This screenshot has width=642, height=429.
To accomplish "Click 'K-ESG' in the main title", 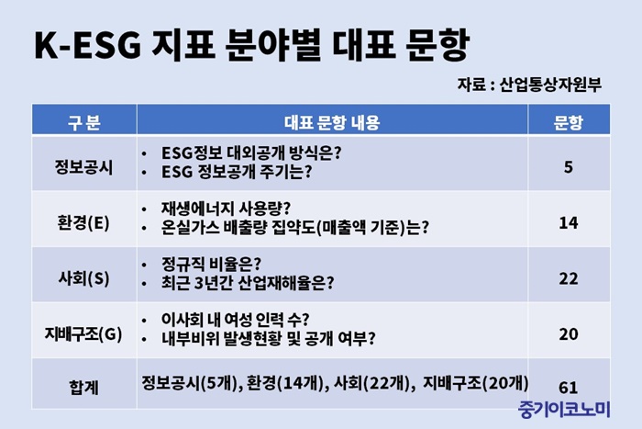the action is [x=88, y=45].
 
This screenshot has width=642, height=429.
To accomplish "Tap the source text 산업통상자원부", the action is [x=550, y=85].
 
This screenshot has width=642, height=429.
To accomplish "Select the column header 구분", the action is [x=84, y=122].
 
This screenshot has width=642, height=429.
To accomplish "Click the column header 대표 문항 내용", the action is [x=332, y=122].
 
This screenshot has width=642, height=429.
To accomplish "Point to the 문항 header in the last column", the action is [x=568, y=122].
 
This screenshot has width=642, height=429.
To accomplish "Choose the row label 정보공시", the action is [x=84, y=167].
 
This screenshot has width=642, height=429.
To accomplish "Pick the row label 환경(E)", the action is [x=84, y=222].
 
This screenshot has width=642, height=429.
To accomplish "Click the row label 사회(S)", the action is [x=84, y=278].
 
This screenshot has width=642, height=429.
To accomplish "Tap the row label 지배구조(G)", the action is [x=83, y=333].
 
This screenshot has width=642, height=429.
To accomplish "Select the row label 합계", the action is [x=84, y=387].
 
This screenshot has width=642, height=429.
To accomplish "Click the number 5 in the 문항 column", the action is [x=569, y=167].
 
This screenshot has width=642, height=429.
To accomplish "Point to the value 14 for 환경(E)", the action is [x=569, y=222].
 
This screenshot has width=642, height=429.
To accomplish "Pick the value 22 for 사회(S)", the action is [x=569, y=278].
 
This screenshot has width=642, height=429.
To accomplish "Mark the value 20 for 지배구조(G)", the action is [x=569, y=333].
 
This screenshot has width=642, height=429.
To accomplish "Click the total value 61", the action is [x=569, y=387].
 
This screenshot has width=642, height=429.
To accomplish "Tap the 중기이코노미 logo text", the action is [x=564, y=409].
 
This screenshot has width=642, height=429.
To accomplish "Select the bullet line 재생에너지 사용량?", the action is [x=226, y=209].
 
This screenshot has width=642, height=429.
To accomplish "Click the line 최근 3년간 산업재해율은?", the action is [x=248, y=282].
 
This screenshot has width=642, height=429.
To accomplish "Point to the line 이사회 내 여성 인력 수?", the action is [x=235, y=319].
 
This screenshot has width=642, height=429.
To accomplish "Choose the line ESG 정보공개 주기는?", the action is [x=237, y=172].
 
